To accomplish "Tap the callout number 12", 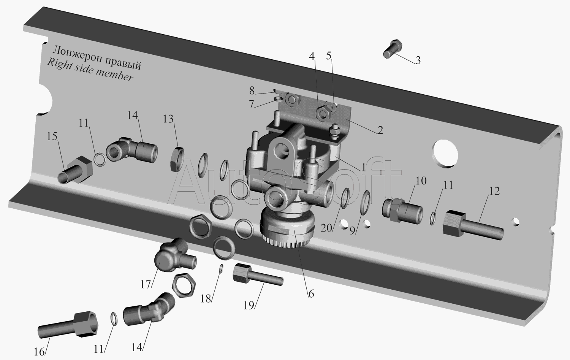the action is click(x=494, y=191).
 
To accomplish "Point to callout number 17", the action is click(x=146, y=284).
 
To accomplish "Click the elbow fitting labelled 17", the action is click(x=174, y=255).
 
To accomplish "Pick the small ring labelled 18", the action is click(x=222, y=268).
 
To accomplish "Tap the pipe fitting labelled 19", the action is click(x=257, y=276).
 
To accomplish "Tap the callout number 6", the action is click(x=311, y=294).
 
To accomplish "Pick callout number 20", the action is click(x=326, y=228).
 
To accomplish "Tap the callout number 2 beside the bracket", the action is click(x=380, y=130).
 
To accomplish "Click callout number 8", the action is click(x=252, y=90).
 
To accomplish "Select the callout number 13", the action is click(x=168, y=119).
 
